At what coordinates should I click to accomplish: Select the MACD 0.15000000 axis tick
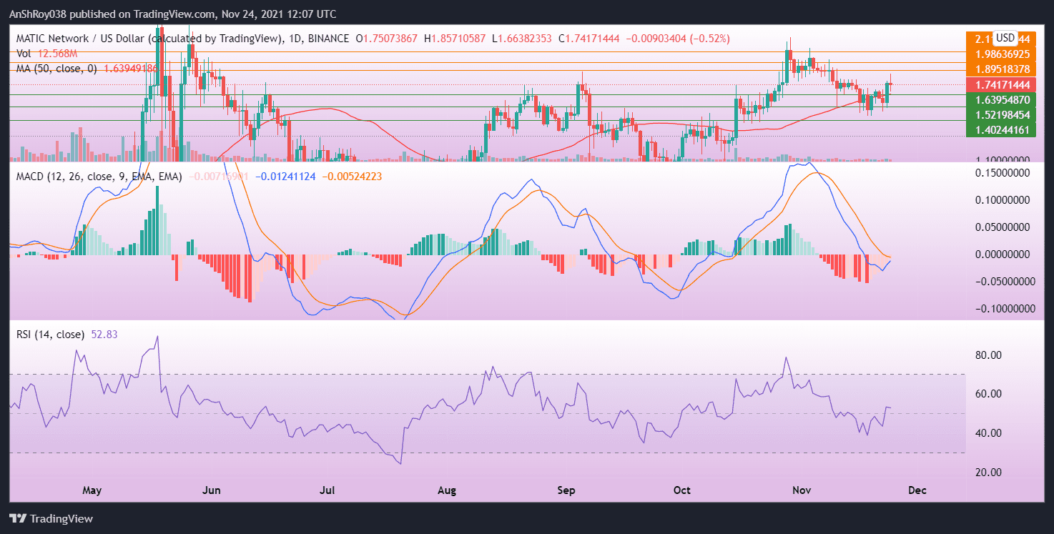click(1001, 173)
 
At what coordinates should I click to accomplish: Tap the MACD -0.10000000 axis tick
click(999, 309)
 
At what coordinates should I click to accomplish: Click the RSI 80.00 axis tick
click(994, 355)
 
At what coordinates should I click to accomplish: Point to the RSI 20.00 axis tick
click(994, 473)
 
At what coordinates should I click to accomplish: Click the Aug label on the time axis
click(447, 491)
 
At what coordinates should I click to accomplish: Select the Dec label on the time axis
click(917, 491)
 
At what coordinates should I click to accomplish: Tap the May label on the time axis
click(92, 491)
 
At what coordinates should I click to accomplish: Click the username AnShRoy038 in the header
click(40, 14)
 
